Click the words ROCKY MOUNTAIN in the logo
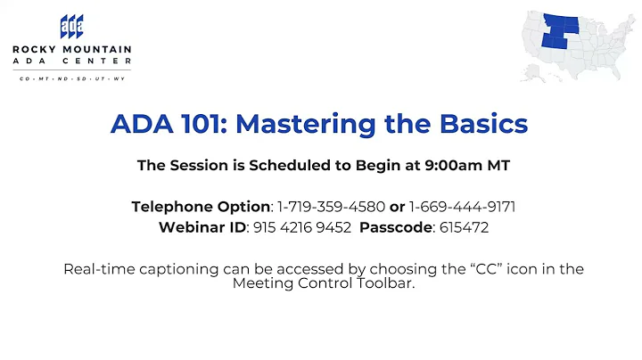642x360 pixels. tap(72, 50)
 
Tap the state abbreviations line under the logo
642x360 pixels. tap(72, 78)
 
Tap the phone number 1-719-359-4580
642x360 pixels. tap(331, 207)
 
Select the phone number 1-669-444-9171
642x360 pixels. tap(462, 207)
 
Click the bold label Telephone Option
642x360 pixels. tap(201, 207)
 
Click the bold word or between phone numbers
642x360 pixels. tap(398, 207)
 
